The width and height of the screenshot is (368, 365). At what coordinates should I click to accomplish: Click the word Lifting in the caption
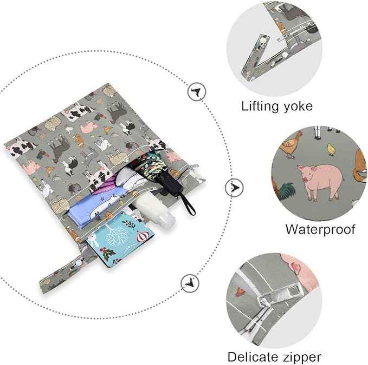[x=260, y=107]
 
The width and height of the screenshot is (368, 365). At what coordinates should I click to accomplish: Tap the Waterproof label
[x=320, y=229]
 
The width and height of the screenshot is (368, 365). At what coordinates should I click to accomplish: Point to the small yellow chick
[x=331, y=150]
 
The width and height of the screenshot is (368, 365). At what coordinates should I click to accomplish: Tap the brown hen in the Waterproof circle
[x=291, y=145]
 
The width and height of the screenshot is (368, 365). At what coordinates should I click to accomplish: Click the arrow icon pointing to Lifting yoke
[x=197, y=91]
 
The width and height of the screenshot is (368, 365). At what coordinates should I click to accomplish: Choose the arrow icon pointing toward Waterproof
[x=234, y=188]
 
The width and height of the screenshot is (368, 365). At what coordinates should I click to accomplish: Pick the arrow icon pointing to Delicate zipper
[x=190, y=283]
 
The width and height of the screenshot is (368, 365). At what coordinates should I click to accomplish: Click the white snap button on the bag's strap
[x=79, y=263]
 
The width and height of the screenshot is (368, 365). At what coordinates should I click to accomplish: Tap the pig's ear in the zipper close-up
[x=296, y=266]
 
